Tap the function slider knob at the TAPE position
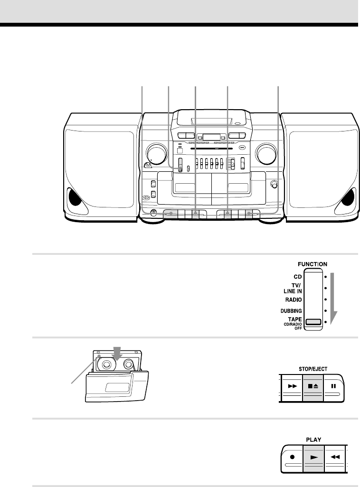[313, 322]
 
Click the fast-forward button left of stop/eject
[291, 386]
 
